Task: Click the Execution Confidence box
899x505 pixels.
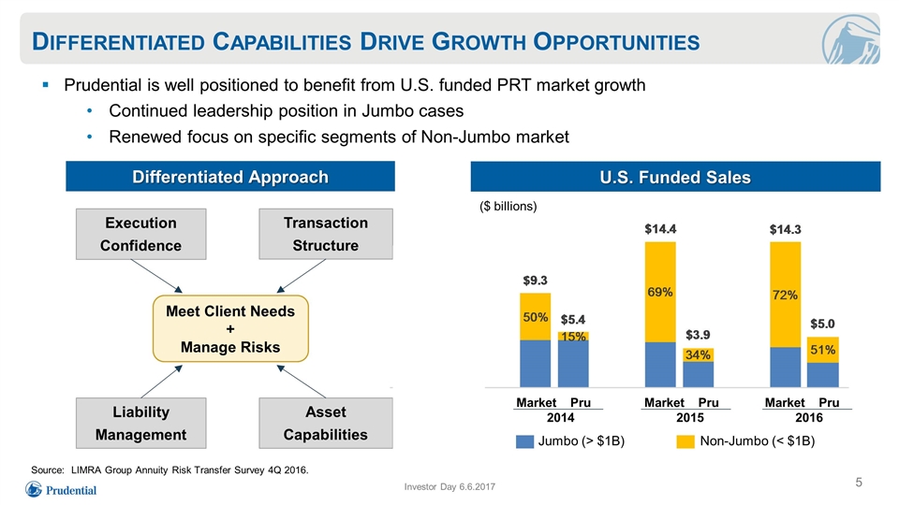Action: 141,234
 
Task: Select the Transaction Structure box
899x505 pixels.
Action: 326,234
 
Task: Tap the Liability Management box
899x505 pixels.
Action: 141,423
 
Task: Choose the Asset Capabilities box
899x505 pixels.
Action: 326,423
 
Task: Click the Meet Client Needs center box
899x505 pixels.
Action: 230,328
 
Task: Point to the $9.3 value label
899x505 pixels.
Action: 535,281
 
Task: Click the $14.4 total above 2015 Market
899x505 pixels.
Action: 660,229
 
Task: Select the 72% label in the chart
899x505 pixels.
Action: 785,295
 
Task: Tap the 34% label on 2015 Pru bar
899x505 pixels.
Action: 698,355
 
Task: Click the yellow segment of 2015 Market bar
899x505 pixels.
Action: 660,292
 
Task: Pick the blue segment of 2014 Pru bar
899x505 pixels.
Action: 573,364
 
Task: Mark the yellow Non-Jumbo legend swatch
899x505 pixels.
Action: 685,441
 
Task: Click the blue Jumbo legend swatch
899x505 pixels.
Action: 524,441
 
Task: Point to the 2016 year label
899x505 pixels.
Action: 809,418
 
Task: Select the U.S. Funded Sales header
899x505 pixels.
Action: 675,177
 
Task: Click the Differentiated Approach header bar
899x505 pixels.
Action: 230,177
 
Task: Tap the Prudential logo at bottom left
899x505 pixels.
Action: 61,489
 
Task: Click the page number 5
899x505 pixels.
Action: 859,483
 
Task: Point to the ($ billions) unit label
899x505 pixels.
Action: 508,206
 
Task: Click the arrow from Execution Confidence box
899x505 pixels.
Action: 156,276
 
